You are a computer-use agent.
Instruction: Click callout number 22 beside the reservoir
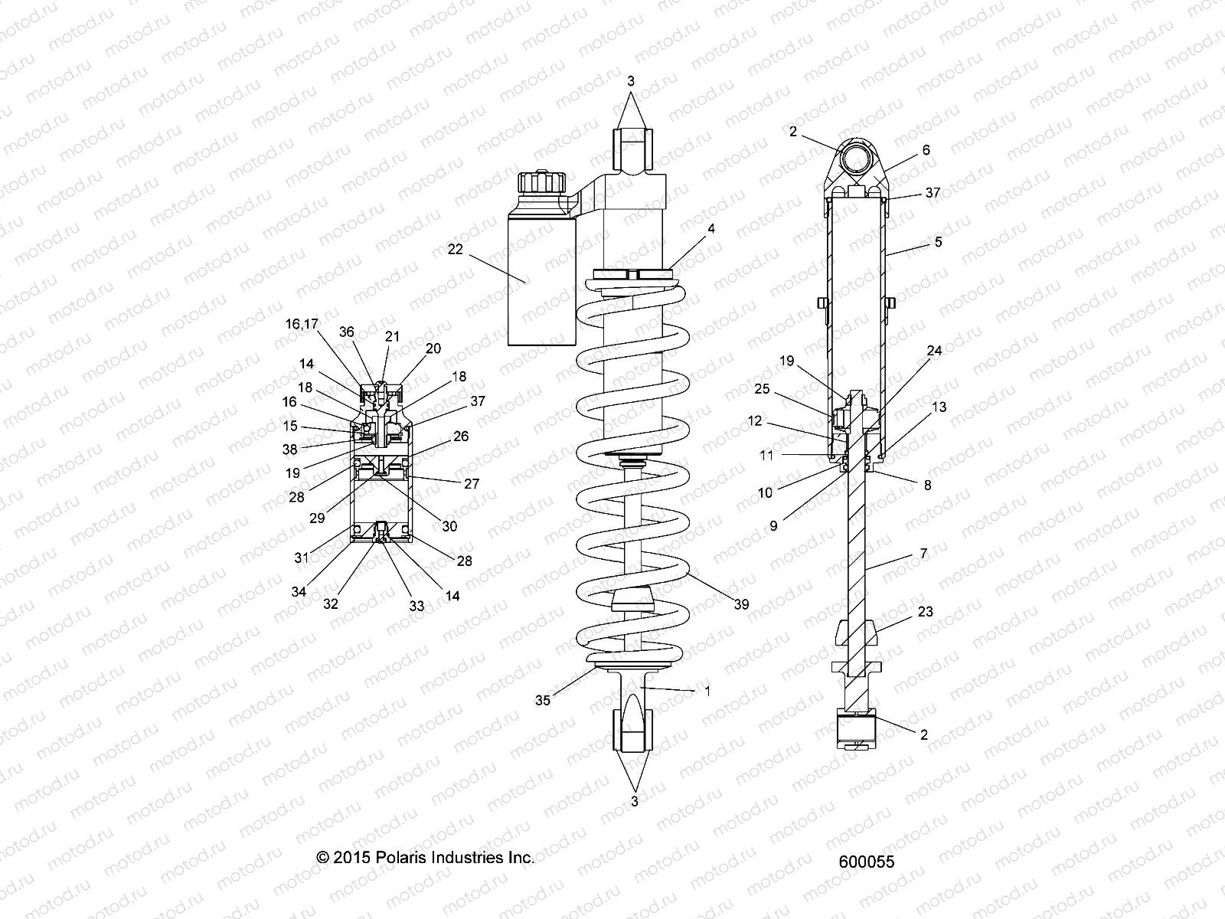click(456, 249)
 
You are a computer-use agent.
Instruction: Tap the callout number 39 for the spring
click(741, 604)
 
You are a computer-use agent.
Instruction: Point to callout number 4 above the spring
click(711, 228)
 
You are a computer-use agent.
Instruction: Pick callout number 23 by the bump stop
click(925, 612)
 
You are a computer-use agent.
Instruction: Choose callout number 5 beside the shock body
click(938, 243)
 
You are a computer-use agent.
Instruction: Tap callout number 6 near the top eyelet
click(926, 150)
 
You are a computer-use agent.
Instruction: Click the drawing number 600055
click(867, 862)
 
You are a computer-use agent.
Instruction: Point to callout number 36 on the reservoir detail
click(347, 332)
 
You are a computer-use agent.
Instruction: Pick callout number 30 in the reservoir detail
click(449, 526)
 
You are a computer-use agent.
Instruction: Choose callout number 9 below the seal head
click(773, 525)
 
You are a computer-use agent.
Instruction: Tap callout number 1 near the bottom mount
click(707, 690)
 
